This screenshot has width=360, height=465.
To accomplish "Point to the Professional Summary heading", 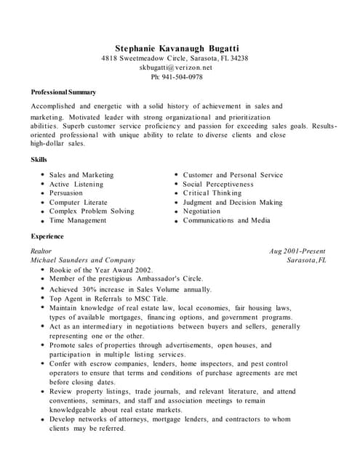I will click(x=63, y=92).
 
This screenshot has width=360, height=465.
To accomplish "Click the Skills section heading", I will click(x=39, y=159).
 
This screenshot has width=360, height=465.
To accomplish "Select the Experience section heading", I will click(x=47, y=236).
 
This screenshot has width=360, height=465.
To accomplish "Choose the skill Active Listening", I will click(x=76, y=185).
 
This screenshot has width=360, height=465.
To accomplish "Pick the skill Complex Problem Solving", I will click(x=92, y=211).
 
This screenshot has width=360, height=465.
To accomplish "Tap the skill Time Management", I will click(x=78, y=220).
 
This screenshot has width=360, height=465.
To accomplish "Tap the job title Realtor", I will click(x=41, y=251).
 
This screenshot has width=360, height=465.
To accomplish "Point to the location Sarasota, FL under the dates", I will click(x=307, y=260).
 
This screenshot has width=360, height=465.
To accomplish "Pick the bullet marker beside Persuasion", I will click(x=42, y=194).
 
